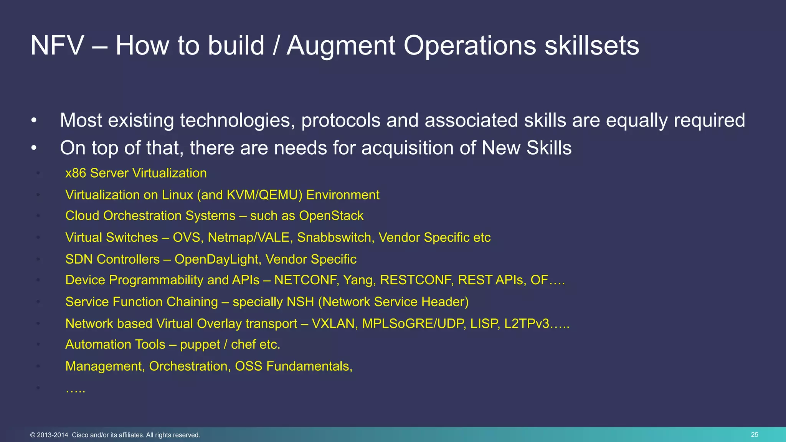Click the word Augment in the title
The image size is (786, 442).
[x=341, y=46]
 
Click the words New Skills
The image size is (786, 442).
[x=526, y=148]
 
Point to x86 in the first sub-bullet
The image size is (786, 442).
[x=76, y=173]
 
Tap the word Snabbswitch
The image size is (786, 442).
[x=334, y=237]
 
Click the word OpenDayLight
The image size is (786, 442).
[x=217, y=259]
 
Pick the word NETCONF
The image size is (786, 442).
[x=306, y=280]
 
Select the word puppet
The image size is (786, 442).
[x=200, y=345]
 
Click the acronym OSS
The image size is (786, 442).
[x=248, y=366]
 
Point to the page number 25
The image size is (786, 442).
[x=754, y=435]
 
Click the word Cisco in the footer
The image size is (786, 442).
[x=80, y=435]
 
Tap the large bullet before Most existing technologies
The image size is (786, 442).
[x=34, y=120]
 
